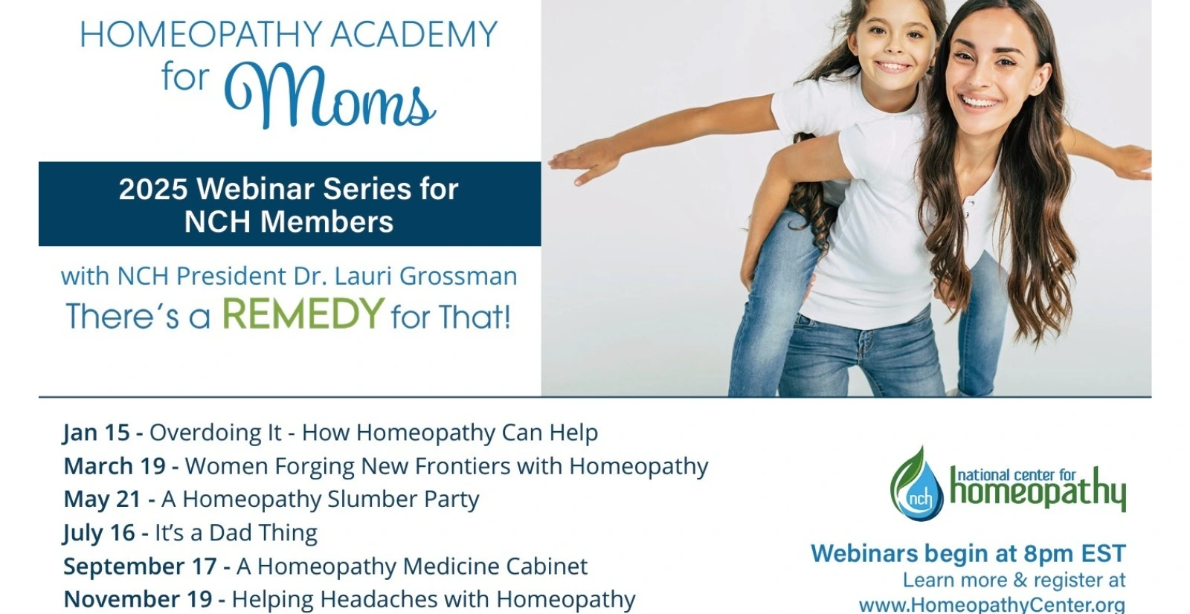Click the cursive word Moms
[x=329, y=96]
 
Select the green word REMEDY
[x=303, y=314]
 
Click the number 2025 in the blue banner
[x=153, y=189]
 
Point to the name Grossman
[x=458, y=277]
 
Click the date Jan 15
[x=97, y=433]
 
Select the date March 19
[x=115, y=466]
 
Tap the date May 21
[x=103, y=500]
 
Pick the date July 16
[x=100, y=533]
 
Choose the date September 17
[x=141, y=566]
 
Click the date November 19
[x=138, y=600]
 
